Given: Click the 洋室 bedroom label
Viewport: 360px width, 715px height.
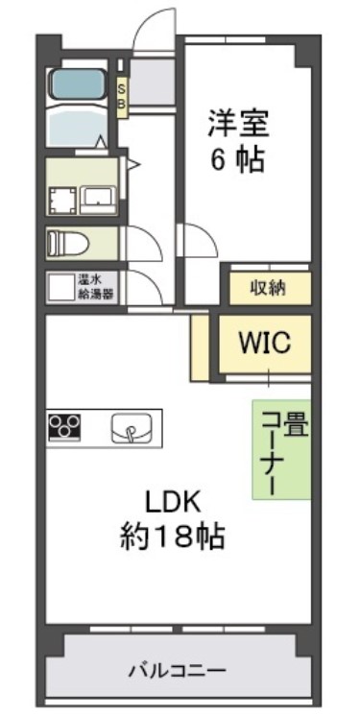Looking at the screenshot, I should [240, 124].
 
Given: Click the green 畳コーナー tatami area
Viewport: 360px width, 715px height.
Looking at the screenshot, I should [282, 449].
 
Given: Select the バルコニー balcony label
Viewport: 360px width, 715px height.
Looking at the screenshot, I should [178, 670].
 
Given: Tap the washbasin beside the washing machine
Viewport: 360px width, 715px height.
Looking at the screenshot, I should [99, 199].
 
